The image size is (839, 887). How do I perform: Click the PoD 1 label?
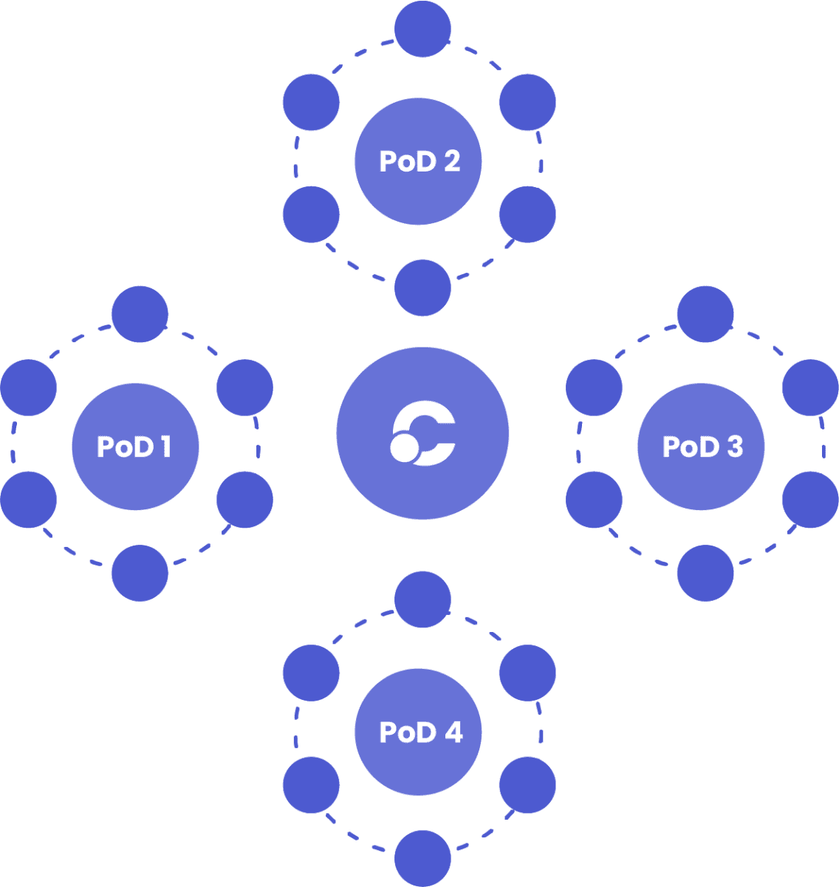(x=134, y=446)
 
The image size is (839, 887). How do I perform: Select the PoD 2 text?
(x=419, y=161)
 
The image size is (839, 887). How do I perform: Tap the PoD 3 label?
(x=702, y=446)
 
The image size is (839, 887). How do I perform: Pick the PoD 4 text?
(x=420, y=732)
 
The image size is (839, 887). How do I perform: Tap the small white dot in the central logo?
(x=404, y=447)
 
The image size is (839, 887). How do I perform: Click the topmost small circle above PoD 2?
(x=422, y=29)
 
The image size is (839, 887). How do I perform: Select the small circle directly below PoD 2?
(x=422, y=288)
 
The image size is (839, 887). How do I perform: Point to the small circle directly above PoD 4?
(x=422, y=599)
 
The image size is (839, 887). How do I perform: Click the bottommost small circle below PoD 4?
(x=422, y=859)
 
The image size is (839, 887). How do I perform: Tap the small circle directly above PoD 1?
(x=140, y=314)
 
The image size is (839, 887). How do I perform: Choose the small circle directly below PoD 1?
(x=140, y=573)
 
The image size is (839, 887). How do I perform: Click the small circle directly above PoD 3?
(x=705, y=314)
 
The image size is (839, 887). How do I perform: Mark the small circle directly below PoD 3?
(x=705, y=573)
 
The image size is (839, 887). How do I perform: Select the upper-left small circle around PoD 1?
(x=29, y=387)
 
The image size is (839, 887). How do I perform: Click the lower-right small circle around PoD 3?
(x=810, y=500)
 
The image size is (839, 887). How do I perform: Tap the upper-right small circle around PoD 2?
(x=527, y=102)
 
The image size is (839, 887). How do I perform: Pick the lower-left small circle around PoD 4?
(x=311, y=785)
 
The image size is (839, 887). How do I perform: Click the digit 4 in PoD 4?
(x=453, y=732)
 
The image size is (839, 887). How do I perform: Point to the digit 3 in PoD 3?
(x=734, y=446)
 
